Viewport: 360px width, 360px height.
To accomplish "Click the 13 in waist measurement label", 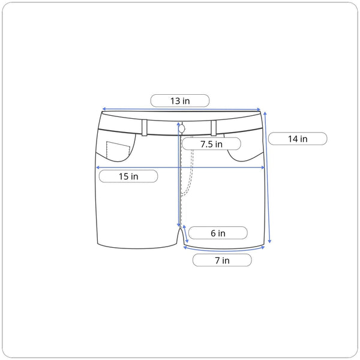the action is [180, 101].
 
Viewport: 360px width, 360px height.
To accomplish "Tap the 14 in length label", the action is [298, 139].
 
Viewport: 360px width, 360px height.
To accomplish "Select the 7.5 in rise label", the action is [211, 144].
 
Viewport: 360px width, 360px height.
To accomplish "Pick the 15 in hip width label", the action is [128, 176].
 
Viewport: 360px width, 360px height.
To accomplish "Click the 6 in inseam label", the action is [218, 233].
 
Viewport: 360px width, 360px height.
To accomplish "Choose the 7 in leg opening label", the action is [222, 260].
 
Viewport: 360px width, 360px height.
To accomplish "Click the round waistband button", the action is [182, 129].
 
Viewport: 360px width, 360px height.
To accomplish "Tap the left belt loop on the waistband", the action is [145, 128].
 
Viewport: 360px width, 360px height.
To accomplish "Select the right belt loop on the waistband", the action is [214, 128].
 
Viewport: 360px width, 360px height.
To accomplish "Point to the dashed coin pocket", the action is [118, 149].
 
